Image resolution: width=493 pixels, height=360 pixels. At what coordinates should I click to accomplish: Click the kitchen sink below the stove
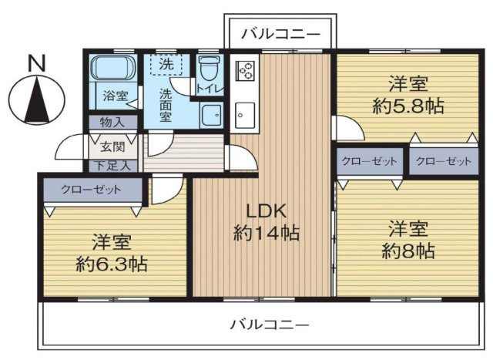pos(246,113)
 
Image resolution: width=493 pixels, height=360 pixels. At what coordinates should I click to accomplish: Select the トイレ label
pos(210,88)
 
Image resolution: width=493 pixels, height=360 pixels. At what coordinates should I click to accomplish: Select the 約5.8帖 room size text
pos(408,107)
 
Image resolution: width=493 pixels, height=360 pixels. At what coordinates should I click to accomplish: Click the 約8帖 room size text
pos(408,251)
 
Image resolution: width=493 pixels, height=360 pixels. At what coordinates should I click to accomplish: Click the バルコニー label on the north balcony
pos(280,34)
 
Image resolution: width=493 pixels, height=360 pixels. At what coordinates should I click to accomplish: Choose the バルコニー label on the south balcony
pos(270,324)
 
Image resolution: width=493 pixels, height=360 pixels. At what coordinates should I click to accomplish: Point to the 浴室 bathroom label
pos(116,97)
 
